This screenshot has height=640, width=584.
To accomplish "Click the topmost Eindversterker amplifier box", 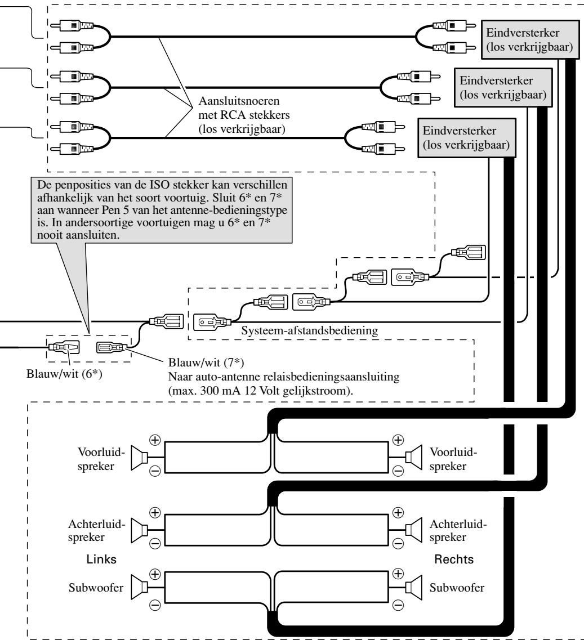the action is [x=530, y=39].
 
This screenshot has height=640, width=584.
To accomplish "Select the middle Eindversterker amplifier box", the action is [x=503, y=87].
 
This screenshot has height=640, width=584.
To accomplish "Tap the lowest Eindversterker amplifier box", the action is [x=466, y=137].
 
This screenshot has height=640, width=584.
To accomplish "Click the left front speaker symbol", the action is [x=139, y=458].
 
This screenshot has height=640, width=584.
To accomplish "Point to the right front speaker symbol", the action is [x=413, y=458].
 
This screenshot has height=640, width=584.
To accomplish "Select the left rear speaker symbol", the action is [x=139, y=530].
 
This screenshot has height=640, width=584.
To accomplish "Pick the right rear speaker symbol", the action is [x=413, y=530].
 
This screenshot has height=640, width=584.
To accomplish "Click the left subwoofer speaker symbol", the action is [x=139, y=587].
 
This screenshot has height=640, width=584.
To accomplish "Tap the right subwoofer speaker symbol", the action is [x=413, y=587].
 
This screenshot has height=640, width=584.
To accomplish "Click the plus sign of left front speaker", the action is [x=155, y=440].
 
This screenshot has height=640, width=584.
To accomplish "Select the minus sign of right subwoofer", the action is [x=398, y=605].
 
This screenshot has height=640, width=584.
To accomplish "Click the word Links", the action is [x=101, y=559].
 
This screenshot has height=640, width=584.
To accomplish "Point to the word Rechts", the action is [x=454, y=559].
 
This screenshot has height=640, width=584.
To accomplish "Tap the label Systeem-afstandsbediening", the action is [x=310, y=330].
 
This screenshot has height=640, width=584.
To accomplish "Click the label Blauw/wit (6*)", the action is [x=64, y=373].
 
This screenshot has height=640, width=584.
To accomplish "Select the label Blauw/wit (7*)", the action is [x=206, y=362].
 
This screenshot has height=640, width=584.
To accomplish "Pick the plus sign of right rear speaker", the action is [x=398, y=513].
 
